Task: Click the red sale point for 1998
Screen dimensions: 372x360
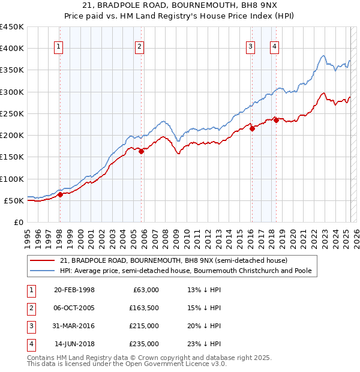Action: (x=60, y=194)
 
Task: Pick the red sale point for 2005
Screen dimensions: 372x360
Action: (x=142, y=151)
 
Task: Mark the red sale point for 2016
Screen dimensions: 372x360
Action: (x=252, y=128)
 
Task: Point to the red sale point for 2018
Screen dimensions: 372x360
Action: (x=276, y=120)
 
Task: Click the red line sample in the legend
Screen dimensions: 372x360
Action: (x=43, y=260)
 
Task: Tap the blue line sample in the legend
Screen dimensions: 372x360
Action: (x=43, y=271)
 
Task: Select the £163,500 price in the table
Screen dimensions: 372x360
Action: (x=145, y=308)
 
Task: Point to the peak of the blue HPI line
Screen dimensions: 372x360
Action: (x=323, y=56)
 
